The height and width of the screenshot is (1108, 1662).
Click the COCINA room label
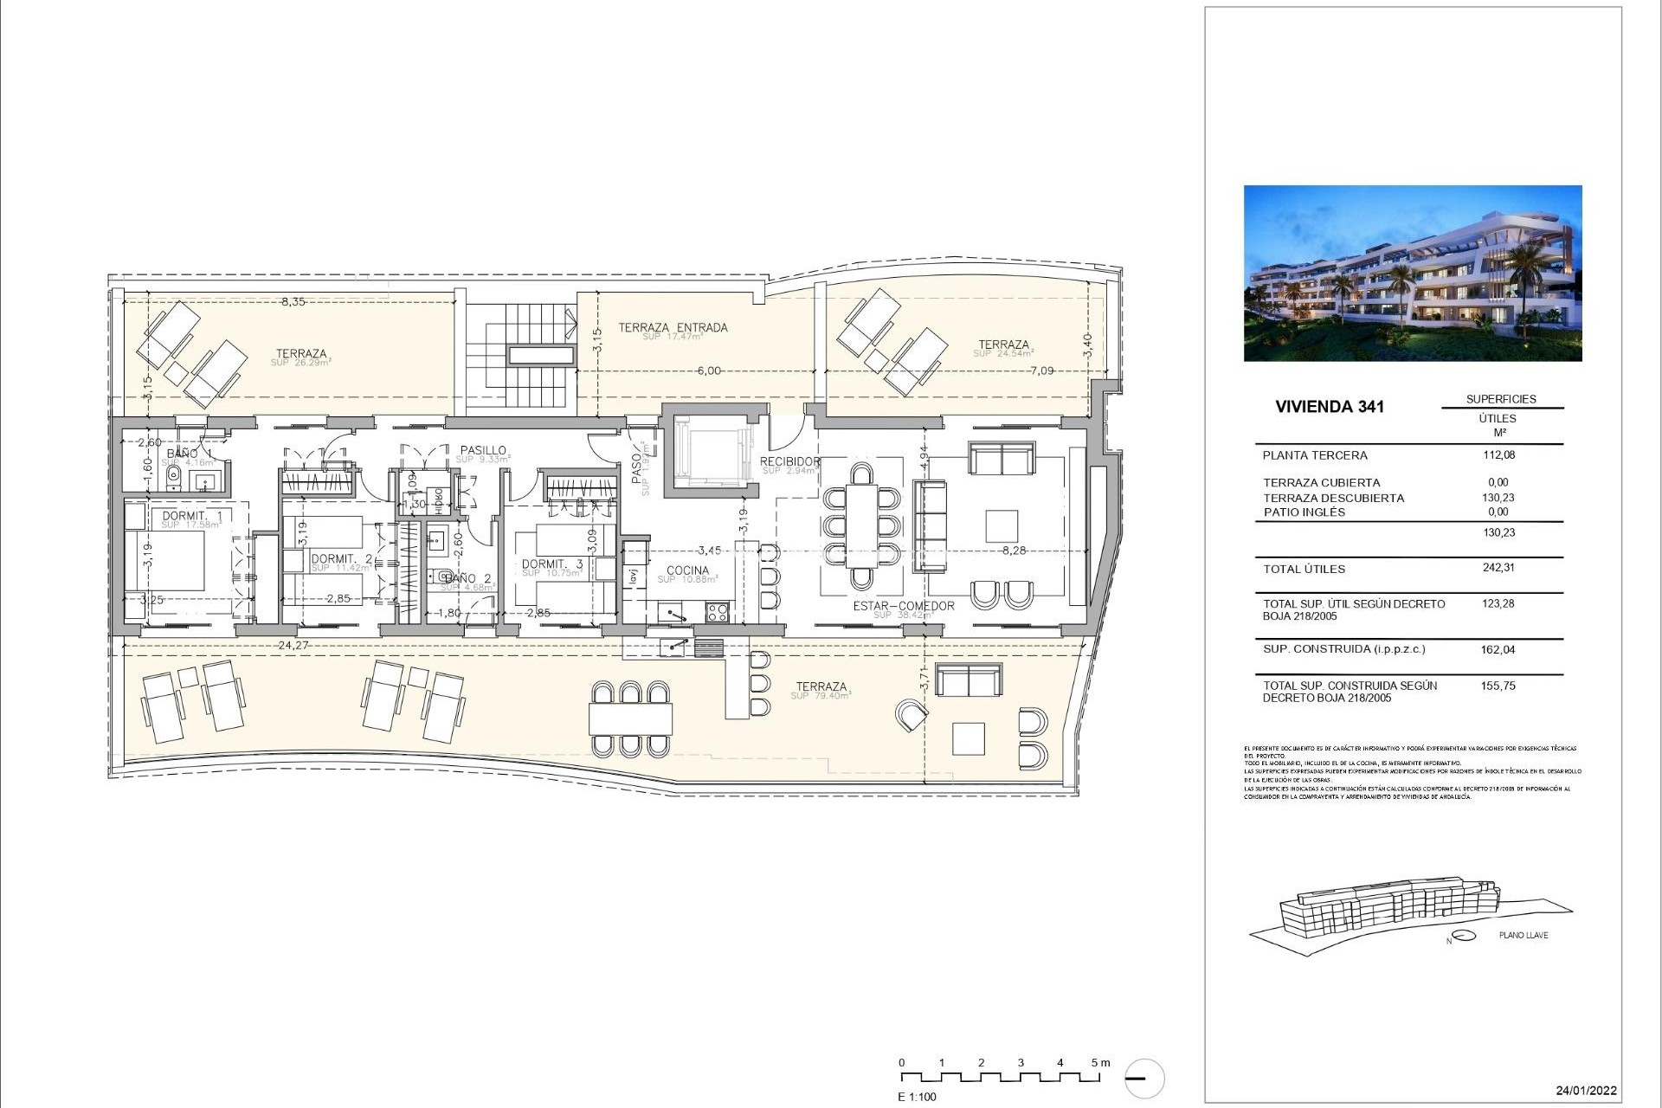(x=687, y=570)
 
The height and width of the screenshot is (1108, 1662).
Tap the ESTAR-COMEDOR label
(x=903, y=606)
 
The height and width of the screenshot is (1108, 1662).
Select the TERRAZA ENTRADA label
(x=673, y=327)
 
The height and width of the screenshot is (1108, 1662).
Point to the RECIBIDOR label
(x=789, y=461)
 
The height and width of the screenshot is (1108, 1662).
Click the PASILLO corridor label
(x=483, y=450)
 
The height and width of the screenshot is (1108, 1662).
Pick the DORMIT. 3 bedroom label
(x=552, y=564)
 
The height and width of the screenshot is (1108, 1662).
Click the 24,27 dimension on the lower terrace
(x=293, y=645)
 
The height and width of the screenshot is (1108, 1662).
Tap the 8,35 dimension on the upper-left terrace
(x=293, y=302)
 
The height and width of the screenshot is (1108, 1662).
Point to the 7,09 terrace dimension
(x=1041, y=370)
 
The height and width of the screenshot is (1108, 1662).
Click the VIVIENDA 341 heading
(x=1331, y=406)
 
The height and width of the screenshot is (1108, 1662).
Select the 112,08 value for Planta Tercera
(x=1498, y=454)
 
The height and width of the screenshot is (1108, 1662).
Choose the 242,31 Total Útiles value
(x=1498, y=568)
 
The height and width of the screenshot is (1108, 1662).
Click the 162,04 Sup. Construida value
(x=1498, y=649)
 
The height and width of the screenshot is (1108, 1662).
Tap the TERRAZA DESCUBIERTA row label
(x=1333, y=498)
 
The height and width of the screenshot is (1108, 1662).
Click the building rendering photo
(x=1413, y=273)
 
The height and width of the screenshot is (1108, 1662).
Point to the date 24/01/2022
(x=1586, y=1091)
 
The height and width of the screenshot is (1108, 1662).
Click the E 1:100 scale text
(x=917, y=1097)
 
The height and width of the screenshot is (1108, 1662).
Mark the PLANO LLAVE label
(x=1523, y=935)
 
